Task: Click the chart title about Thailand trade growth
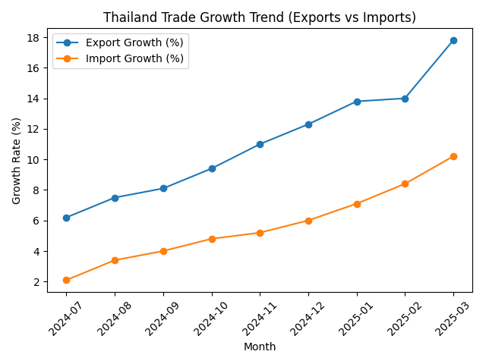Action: point(260,17)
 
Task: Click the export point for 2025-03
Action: point(453,40)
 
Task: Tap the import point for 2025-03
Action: point(453,156)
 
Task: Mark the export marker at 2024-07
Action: point(66,218)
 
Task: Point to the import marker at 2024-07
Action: point(66,280)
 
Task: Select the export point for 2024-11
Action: point(260,144)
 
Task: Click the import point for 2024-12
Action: point(308,221)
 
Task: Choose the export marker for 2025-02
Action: point(405,99)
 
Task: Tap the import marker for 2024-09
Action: point(163,251)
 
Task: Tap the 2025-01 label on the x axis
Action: point(352,316)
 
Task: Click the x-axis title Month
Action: point(260,347)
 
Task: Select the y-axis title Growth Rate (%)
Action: point(17,160)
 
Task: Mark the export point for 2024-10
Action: point(212,168)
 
